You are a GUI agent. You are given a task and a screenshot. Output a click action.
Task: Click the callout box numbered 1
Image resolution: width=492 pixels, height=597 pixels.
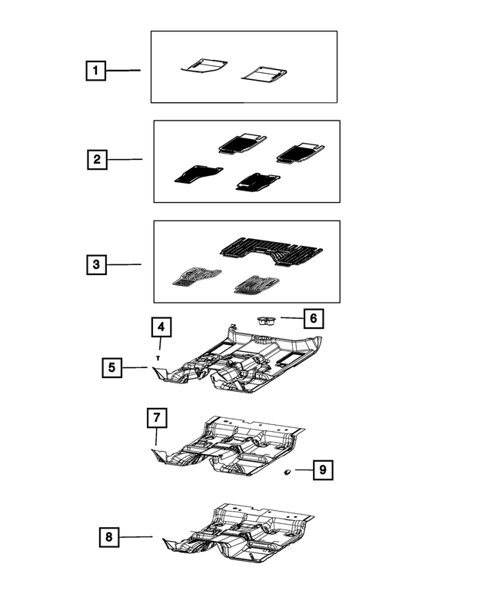point(95,71)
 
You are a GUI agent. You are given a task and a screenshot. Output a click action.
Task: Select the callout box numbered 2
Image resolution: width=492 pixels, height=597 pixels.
point(97,160)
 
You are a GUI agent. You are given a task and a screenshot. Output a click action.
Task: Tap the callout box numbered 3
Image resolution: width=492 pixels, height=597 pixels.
point(95,264)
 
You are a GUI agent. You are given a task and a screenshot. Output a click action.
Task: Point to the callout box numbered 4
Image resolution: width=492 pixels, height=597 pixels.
point(160,328)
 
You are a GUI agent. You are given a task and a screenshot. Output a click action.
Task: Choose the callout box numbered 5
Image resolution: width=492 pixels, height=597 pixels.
point(112,368)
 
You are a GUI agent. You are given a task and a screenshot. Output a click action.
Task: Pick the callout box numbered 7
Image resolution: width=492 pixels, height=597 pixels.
point(156,419)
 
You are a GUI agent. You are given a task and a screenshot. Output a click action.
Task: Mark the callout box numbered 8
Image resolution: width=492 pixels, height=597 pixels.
point(110,537)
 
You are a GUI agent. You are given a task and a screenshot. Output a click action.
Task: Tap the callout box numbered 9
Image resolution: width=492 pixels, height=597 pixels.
point(323,469)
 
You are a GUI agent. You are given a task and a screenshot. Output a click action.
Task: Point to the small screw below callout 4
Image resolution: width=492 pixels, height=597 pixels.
point(158,358)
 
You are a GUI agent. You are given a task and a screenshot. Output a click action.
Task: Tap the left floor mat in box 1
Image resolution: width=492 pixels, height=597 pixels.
point(204,66)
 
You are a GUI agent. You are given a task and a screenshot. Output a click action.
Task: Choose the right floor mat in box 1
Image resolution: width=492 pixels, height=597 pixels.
point(264,74)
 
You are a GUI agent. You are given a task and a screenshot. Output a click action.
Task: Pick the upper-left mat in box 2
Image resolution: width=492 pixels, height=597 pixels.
point(241,142)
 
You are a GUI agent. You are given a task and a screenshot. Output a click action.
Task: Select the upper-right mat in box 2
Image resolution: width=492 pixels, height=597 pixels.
point(299,151)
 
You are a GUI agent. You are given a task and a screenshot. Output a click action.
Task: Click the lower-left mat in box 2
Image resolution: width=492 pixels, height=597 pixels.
point(198,174)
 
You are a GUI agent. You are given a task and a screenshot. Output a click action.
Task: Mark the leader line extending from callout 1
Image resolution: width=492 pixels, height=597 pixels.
point(123,71)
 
